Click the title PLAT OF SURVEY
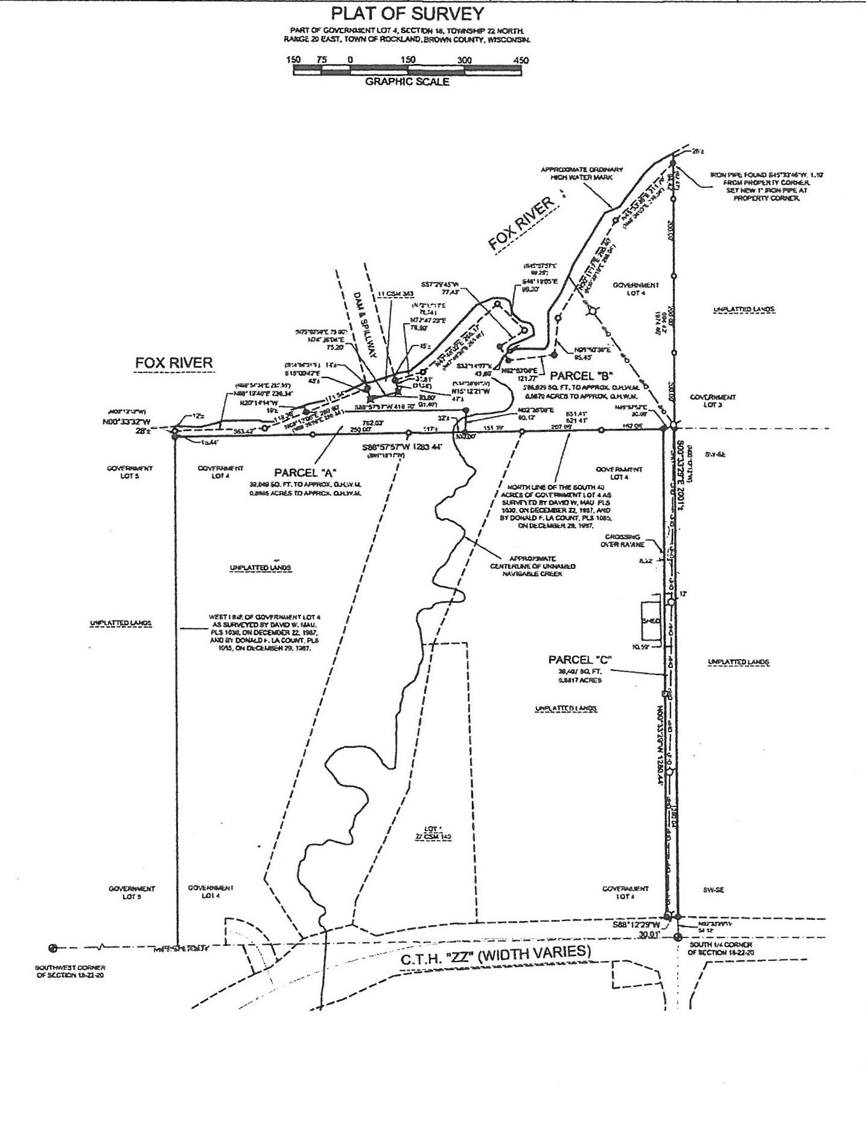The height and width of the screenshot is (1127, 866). click(x=407, y=14)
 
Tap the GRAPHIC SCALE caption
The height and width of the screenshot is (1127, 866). click(x=407, y=82)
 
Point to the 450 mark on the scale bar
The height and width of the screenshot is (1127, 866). click(x=520, y=60)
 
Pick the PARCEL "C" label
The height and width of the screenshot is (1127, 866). click(x=580, y=660)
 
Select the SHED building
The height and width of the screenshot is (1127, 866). click(x=651, y=621)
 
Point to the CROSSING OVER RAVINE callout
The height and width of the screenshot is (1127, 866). click(x=622, y=540)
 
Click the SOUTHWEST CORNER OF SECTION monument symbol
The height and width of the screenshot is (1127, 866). click(x=53, y=948)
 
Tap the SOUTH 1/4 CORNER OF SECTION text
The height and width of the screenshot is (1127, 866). click(x=720, y=948)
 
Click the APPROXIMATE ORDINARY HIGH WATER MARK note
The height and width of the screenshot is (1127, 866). click(x=581, y=174)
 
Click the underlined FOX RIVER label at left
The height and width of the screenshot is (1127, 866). click(x=174, y=363)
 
